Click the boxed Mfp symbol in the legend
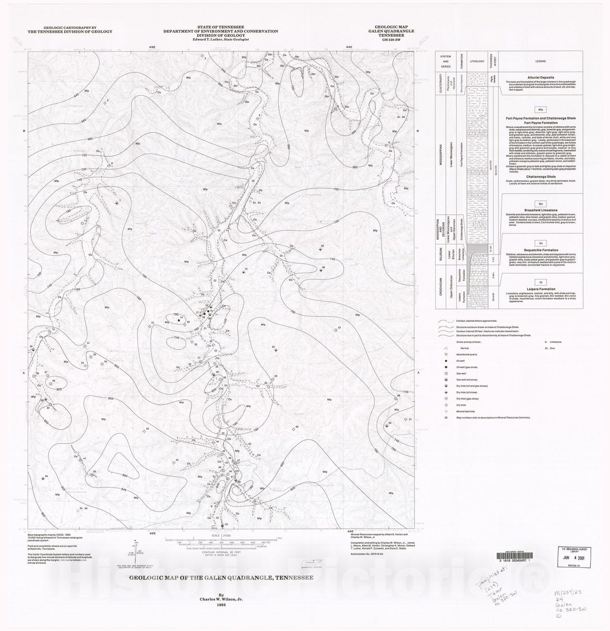pyautogui.click(x=540, y=110)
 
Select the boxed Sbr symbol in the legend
pyautogui.click(x=540, y=204)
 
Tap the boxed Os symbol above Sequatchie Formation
pyautogui.click(x=540, y=243)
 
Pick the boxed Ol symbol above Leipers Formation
pyautogui.click(x=540, y=282)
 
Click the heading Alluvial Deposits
pyautogui.click(x=540, y=78)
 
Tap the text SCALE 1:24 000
pyautogui.click(x=221, y=535)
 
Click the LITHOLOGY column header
pyautogui.click(x=476, y=61)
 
